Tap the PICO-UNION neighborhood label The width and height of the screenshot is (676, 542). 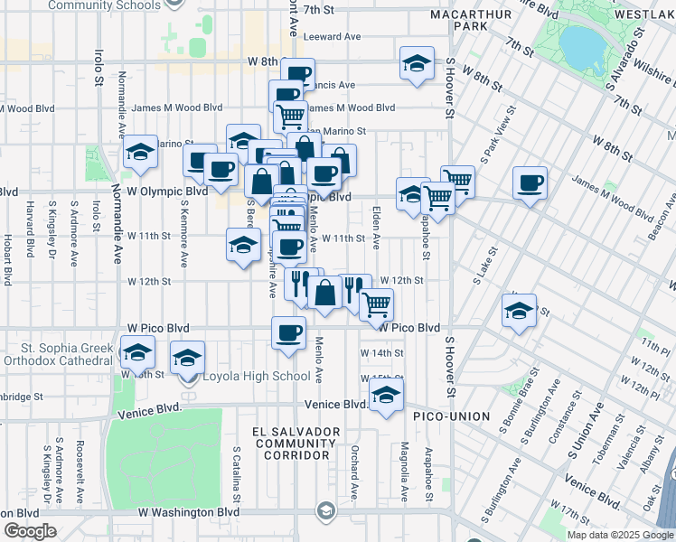451,416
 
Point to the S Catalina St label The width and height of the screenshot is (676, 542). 236,473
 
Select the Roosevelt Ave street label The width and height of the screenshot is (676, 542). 80,472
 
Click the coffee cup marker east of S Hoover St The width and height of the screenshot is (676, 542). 530,183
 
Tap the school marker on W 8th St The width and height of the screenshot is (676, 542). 416,64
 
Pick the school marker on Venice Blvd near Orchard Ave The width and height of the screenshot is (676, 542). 386,396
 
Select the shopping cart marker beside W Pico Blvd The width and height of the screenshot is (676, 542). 377,304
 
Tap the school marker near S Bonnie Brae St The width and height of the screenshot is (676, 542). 519,312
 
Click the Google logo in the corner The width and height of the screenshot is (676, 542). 30,531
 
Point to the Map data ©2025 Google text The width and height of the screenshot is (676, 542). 620,535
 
